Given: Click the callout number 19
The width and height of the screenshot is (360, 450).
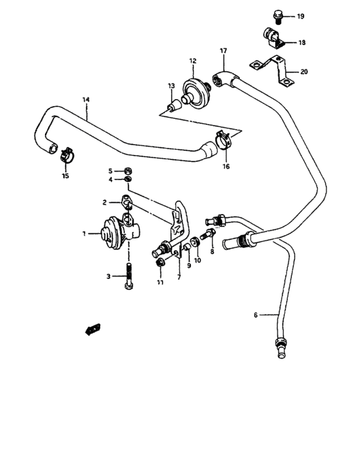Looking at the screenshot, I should pyautogui.click(x=300, y=16).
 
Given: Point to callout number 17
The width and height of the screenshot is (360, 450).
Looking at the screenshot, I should pyautogui.click(x=224, y=50).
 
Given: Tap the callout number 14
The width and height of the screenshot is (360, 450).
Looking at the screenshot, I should pyautogui.click(x=86, y=100).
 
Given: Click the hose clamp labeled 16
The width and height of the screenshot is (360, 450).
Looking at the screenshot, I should pyautogui.click(x=222, y=138).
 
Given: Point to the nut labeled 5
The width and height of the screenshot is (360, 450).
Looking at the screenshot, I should pyautogui.click(x=128, y=171).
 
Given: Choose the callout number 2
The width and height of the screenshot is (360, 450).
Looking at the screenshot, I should pyautogui.click(x=104, y=202).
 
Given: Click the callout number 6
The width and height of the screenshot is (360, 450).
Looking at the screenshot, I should pyautogui.click(x=255, y=314).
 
